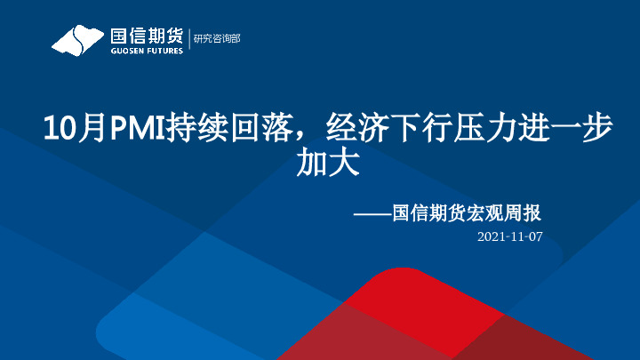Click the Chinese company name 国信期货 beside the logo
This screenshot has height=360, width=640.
tap(146, 36)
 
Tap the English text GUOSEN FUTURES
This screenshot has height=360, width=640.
tap(146, 51)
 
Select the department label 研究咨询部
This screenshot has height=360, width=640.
tap(216, 39)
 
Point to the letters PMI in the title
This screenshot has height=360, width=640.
tap(132, 130)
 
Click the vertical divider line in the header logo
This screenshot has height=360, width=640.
tap(188, 40)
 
